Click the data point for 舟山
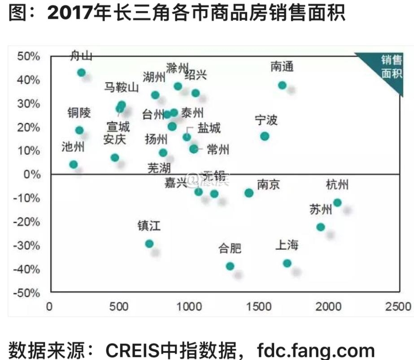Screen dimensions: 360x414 pos(81,73)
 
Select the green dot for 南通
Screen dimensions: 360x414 pos(282,85)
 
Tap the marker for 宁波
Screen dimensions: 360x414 pos(265,136)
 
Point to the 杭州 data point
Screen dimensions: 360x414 pos(337,203)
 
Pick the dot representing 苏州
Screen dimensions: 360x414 pos(320,227)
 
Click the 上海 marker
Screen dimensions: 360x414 pos(287,263)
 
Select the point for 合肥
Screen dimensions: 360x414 pos(230,266)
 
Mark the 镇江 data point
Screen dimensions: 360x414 pos(149,244)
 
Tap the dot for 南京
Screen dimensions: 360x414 pos(249,193)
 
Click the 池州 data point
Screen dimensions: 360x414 pos(74,165)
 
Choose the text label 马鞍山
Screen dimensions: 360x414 pos(122,87)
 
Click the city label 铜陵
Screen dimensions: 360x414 pos(79,112)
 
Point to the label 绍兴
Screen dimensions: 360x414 pos(196,74)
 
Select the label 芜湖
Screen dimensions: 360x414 pos(159,168)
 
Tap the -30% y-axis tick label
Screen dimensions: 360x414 pos(27,246)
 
